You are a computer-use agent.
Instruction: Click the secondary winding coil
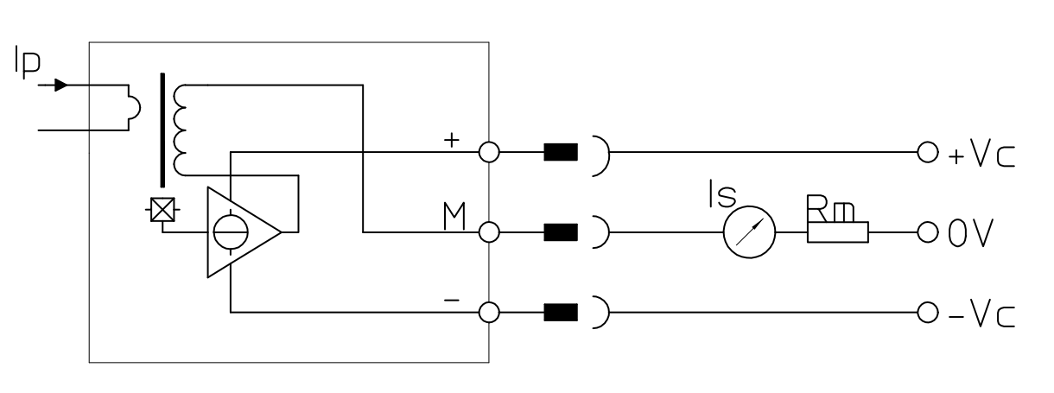tap(180, 130)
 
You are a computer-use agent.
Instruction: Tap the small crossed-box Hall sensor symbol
tap(160, 210)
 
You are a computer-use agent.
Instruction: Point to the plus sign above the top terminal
tap(450, 141)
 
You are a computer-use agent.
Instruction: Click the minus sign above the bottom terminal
tap(450, 301)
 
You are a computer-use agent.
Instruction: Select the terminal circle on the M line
tap(490, 232)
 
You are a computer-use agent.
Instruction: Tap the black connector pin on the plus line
tap(560, 154)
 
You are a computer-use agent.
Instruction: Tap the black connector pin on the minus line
tap(560, 312)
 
